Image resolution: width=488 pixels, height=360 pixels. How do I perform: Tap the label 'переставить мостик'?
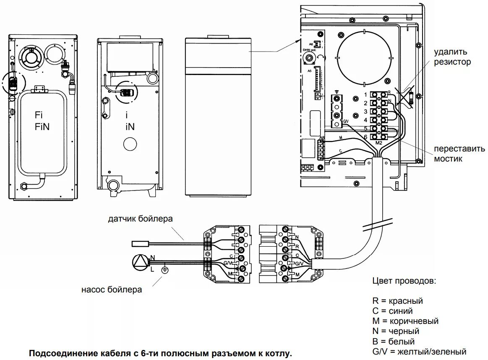(459, 154)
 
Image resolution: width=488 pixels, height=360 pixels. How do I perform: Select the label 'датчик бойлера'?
(140, 219)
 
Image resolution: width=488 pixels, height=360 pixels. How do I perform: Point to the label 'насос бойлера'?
(112, 290)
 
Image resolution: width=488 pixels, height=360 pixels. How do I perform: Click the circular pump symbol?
(139, 262)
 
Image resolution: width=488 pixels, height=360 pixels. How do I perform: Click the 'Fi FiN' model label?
(42, 120)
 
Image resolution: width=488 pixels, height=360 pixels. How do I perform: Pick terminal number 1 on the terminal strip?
(365, 94)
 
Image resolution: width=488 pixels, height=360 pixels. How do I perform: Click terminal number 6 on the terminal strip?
(365, 137)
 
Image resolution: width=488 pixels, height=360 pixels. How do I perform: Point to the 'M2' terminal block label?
(378, 143)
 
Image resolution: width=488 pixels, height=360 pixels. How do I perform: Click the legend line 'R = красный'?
(397, 301)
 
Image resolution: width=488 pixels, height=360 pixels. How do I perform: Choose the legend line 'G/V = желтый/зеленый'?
(419, 352)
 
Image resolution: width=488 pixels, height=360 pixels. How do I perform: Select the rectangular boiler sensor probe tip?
(138, 243)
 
